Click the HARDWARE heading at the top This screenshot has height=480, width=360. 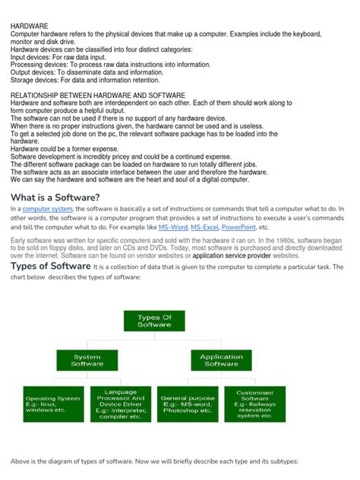pyautogui.click(x=29, y=26)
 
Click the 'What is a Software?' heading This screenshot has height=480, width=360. pyautogui.click(x=55, y=197)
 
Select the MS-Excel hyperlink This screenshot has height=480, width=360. pyautogui.click(x=205, y=227)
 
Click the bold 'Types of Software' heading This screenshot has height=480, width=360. pyautogui.click(x=50, y=267)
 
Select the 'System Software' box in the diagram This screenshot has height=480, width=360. pyautogui.click(x=87, y=361)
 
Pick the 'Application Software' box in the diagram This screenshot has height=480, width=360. pyautogui.click(x=221, y=361)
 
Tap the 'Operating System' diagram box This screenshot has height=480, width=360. pyautogui.click(x=52, y=403)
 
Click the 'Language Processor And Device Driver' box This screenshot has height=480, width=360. pyautogui.click(x=120, y=403)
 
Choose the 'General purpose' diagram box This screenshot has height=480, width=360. pyautogui.click(x=188, y=403)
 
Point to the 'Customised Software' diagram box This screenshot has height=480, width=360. pyautogui.click(x=254, y=403)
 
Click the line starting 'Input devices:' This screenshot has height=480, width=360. pyautogui.click(x=64, y=57)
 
